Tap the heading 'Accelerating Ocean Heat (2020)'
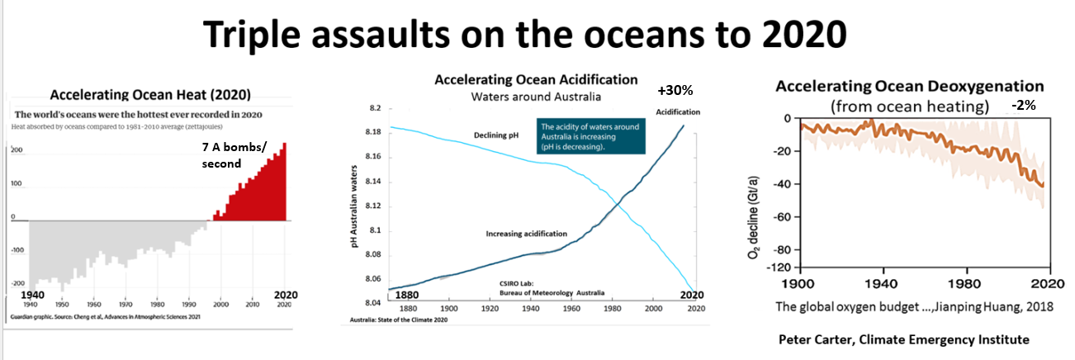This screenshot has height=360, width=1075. point(150,94)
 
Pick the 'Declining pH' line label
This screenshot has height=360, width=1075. point(495,135)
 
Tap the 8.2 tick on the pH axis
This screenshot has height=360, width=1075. point(376,108)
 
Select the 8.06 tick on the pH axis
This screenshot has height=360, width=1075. point(373,280)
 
